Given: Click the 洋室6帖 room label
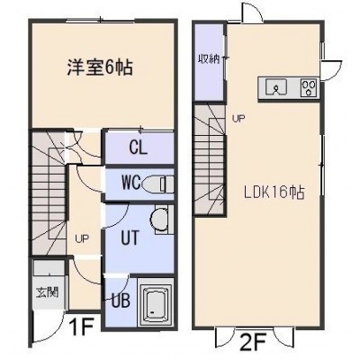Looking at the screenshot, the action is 100,67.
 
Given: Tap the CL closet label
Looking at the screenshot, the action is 139,148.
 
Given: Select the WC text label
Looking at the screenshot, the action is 131,182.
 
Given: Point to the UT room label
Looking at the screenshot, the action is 130,238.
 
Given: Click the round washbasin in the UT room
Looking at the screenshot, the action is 158,220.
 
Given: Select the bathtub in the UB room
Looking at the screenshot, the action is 156,302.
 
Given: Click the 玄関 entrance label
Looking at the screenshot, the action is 48,292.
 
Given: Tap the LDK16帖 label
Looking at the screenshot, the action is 274,193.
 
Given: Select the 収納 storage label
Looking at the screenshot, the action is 208,58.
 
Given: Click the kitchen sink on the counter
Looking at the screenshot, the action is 276,87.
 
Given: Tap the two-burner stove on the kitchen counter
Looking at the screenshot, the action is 309,87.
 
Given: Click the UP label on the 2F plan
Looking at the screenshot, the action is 239,119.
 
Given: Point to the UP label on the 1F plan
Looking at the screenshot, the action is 82,239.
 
